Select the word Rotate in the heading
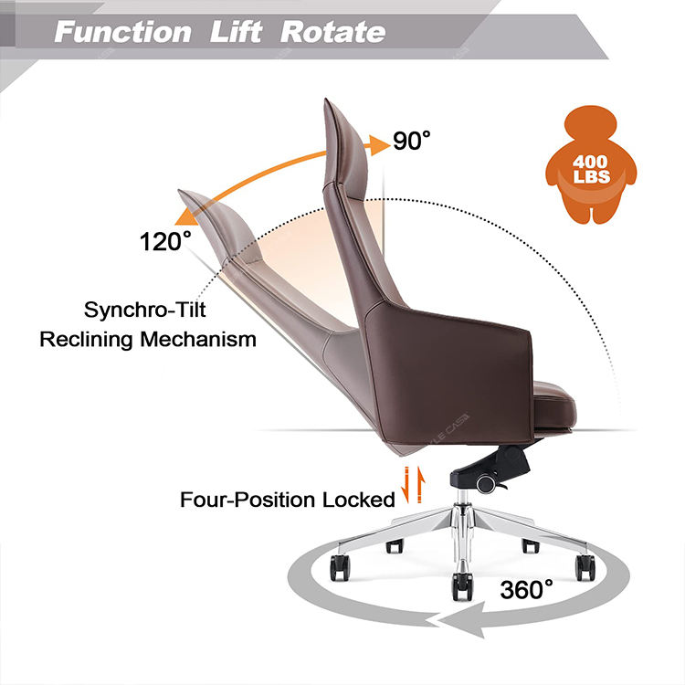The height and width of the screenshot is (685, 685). (332, 33)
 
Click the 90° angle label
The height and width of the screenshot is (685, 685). (412, 141)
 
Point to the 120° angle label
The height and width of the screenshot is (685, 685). (165, 242)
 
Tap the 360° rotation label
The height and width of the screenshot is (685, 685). (526, 588)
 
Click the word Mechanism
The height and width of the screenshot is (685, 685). (198, 340)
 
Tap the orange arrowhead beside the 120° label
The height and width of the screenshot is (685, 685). (188, 215)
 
